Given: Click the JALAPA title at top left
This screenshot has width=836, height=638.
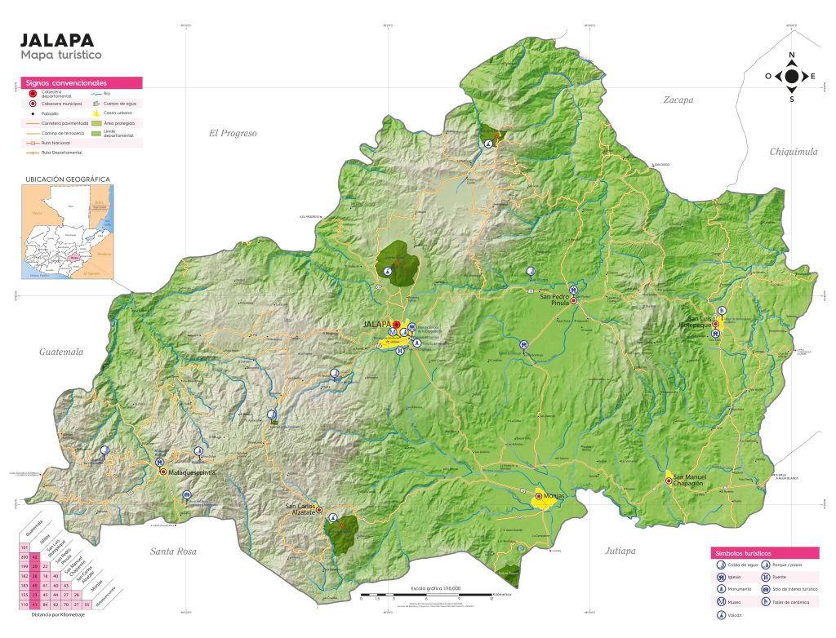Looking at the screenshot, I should coord(57,40).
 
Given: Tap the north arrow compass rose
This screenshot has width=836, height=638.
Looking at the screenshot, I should coord(791,77).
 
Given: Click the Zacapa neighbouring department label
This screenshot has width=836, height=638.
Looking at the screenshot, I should coord(678,100).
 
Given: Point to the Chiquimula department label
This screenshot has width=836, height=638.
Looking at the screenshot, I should coord(793,152).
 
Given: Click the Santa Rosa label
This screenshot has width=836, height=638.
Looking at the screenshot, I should coord(173,552).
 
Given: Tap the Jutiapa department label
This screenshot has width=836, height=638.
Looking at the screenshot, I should coord(620,551).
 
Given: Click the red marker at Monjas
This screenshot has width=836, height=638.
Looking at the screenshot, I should coord(539,496).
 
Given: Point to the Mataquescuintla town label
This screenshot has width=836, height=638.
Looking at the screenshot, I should coord(191,472).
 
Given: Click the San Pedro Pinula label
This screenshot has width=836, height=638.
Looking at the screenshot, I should coord(559,300).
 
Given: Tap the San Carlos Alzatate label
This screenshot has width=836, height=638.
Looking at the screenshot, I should coord(300,510).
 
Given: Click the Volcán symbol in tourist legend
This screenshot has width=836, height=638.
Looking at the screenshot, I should coord(722,616).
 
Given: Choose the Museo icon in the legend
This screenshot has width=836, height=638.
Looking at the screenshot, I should coord(722,601).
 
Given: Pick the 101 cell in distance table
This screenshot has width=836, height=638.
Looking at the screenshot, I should coord(24,547).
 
